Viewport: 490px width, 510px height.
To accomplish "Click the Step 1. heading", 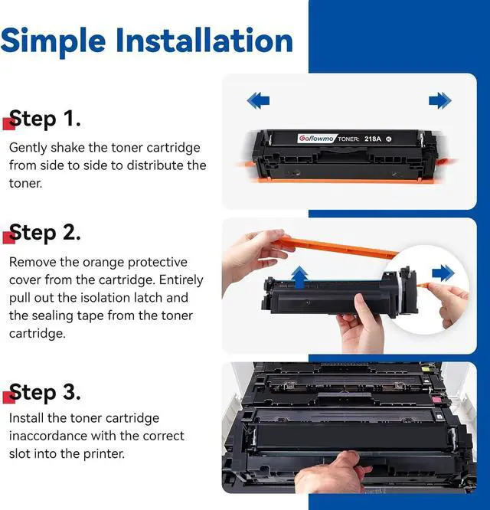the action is click(45, 119).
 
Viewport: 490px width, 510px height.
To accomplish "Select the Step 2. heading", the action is click(45, 233).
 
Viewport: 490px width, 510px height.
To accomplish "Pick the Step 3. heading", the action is click(45, 393).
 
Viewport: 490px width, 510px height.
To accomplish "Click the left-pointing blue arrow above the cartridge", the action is click(258, 100).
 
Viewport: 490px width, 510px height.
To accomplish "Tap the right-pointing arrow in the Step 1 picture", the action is click(440, 100).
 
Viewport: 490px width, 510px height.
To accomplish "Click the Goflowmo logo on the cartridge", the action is click(315, 139).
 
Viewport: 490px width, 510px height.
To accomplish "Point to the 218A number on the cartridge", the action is click(373, 139).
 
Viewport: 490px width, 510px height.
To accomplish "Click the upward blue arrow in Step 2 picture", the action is click(299, 277).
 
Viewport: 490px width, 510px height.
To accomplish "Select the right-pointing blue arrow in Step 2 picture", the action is click(443, 273).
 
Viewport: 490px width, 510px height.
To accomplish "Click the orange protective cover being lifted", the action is click(335, 247).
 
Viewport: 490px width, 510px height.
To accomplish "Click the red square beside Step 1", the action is click(8, 123).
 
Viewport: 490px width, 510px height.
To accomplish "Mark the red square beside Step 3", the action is click(8, 397).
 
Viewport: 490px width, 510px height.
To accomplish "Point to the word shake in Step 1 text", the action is click(67, 148).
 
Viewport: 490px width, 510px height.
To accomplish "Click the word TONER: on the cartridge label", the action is click(348, 139).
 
